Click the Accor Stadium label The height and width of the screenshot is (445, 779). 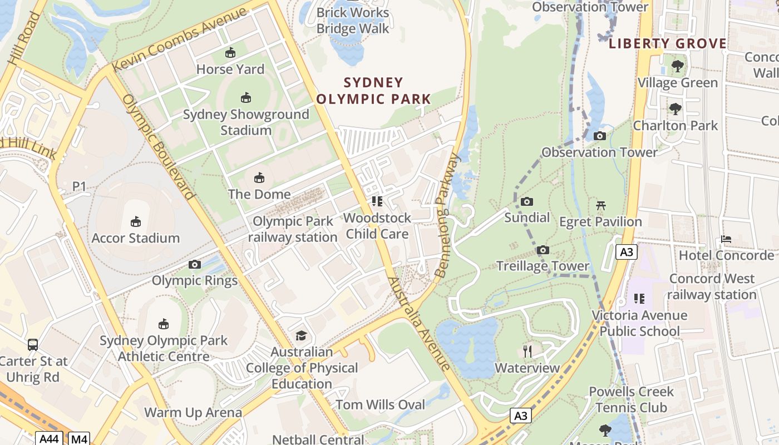135,238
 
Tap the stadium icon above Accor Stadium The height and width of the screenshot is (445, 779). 135,222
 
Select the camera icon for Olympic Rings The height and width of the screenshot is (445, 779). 194,264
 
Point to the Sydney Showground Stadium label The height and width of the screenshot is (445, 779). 246,122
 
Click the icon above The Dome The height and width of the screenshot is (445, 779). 259,178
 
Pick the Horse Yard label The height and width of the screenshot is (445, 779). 230,70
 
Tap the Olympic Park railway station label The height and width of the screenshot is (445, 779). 293,229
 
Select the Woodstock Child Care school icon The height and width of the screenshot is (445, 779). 377,201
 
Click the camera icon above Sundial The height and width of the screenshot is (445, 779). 527,201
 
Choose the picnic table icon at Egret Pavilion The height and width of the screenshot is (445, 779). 600,206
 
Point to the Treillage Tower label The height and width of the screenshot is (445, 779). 543,266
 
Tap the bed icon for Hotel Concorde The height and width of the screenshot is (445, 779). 726,239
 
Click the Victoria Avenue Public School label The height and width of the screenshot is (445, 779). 639,323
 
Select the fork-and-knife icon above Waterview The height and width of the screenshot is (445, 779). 527,352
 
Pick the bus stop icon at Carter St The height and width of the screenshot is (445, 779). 33,345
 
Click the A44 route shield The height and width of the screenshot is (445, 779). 49,439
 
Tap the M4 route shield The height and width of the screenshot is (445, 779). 79,439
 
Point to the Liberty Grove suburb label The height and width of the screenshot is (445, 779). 668,44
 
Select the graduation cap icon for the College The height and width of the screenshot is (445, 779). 301,335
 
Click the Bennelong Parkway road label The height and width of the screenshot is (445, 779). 448,215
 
